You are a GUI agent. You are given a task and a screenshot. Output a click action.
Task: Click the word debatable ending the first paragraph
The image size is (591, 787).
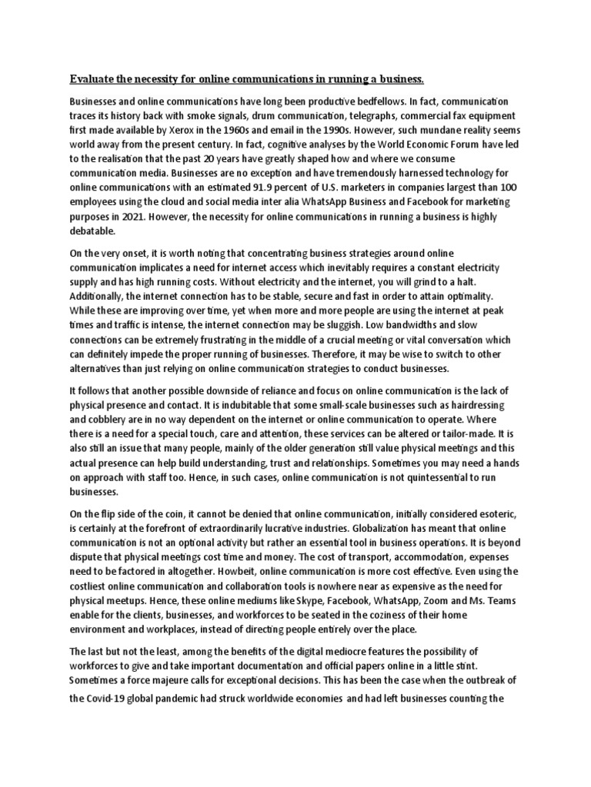point(94,231)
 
